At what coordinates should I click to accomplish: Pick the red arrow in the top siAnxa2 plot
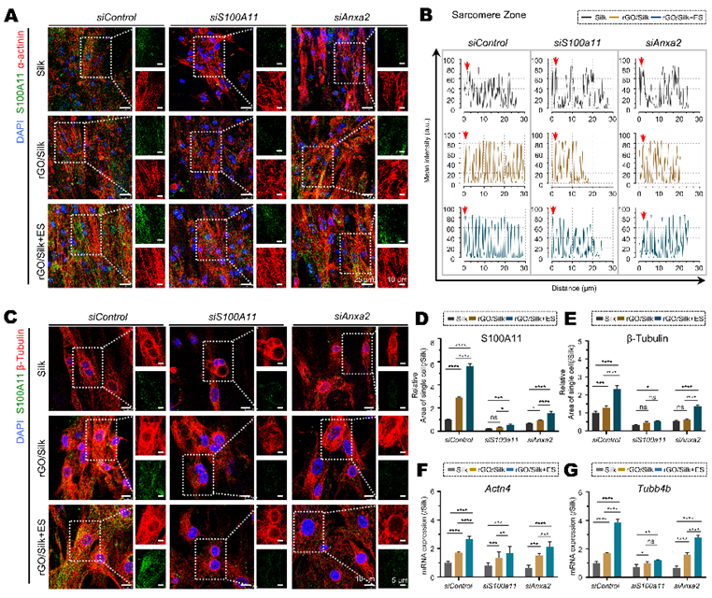[x=643, y=64]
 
